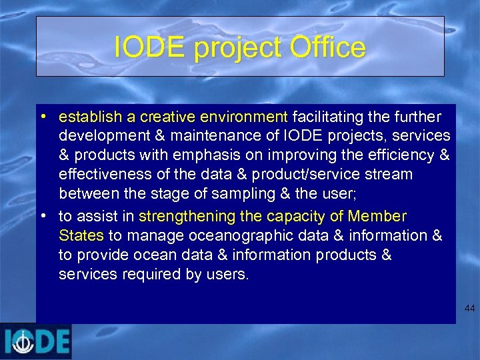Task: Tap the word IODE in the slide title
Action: tap(143, 47)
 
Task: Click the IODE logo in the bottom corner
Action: tap(36, 341)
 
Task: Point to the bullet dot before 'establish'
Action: tap(42, 117)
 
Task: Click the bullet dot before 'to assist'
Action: tap(42, 216)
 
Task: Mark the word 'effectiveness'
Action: tap(101, 175)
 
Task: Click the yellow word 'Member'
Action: tap(377, 217)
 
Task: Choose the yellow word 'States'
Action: tap(81, 235)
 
